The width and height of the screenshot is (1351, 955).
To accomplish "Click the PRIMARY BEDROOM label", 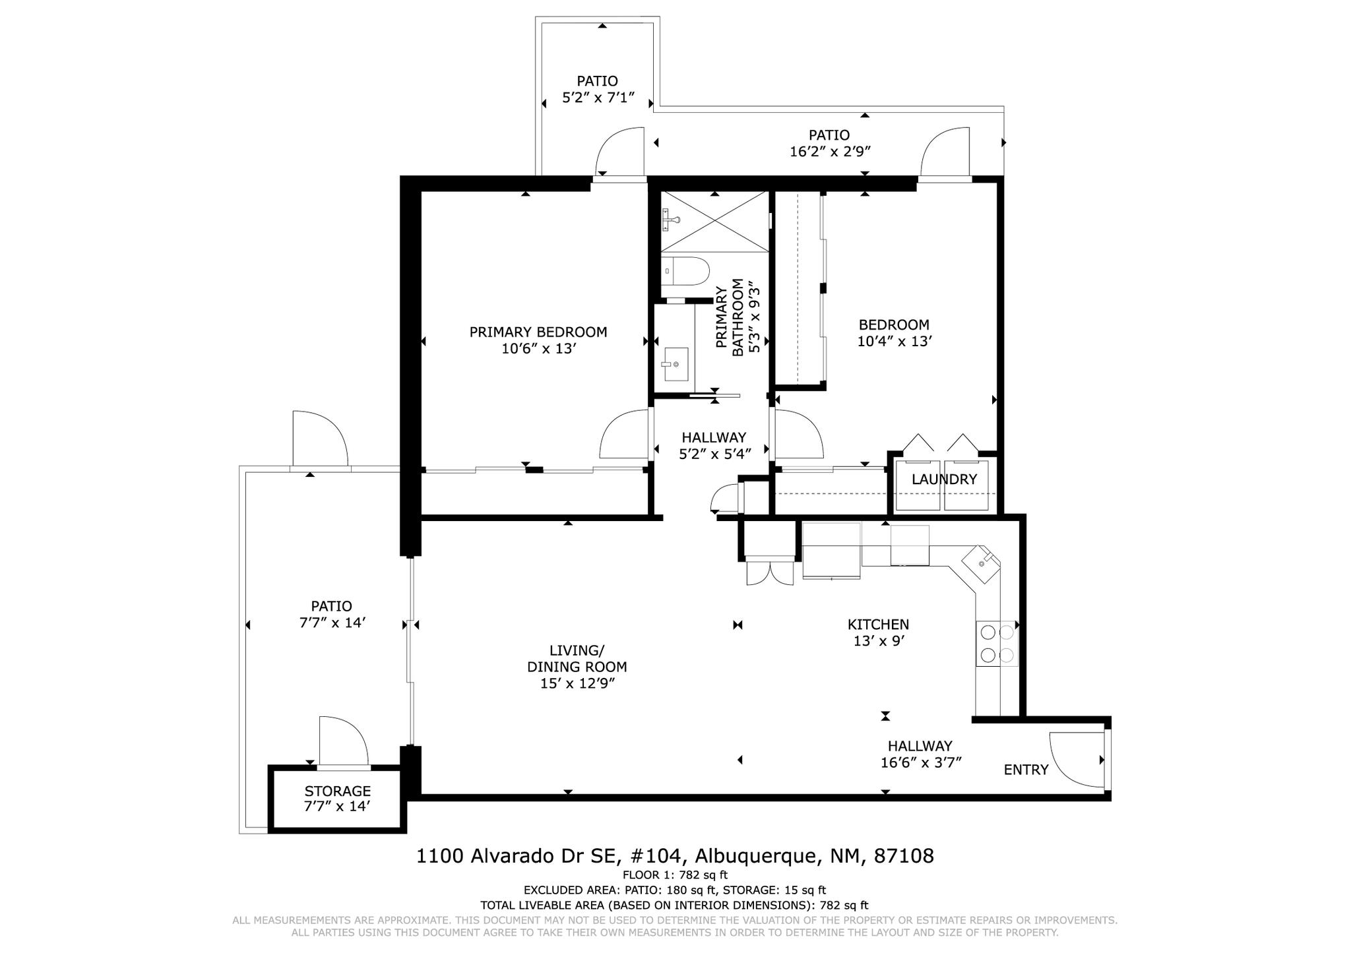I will click(538, 332).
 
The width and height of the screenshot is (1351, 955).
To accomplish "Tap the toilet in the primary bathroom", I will click(685, 271).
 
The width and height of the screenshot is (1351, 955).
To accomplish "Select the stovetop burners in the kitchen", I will click(997, 644).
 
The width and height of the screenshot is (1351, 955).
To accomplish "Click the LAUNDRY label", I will click(944, 479).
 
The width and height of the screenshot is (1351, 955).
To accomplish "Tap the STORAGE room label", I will click(337, 791).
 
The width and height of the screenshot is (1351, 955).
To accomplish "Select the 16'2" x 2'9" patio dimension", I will click(830, 152).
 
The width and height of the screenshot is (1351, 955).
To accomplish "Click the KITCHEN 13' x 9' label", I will click(878, 632).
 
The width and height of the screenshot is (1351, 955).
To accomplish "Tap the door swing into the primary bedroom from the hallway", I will click(623, 435).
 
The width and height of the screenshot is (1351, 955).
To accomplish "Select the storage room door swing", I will click(343, 742).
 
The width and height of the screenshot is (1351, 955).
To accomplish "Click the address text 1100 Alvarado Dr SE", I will click(518, 856).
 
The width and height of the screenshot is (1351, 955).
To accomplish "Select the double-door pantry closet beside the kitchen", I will click(770, 571).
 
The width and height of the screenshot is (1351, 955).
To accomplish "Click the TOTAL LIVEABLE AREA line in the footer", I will click(674, 906).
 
